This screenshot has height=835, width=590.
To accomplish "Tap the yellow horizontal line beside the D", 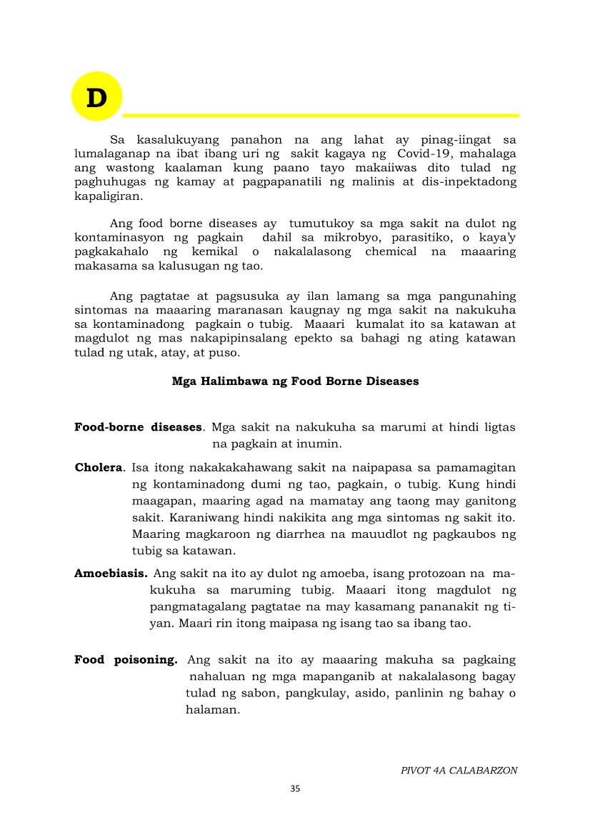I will pyautogui.click(x=321, y=115).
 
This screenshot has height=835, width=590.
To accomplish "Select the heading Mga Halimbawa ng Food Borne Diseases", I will pyautogui.click(x=295, y=381).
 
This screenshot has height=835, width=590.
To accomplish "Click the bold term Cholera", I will pyautogui.click(x=99, y=468).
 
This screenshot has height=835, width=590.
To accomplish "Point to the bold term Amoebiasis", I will pyautogui.click(x=111, y=574).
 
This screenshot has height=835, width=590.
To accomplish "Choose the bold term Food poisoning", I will pyautogui.click(x=126, y=660).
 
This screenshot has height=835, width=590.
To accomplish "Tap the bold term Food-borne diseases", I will pyautogui.click(x=138, y=427).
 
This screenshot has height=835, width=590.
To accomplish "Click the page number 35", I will pyautogui.click(x=295, y=789).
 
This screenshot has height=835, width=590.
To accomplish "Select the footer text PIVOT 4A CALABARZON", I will pyautogui.click(x=459, y=771).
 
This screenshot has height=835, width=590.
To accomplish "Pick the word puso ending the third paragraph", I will pyautogui.click(x=227, y=353).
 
